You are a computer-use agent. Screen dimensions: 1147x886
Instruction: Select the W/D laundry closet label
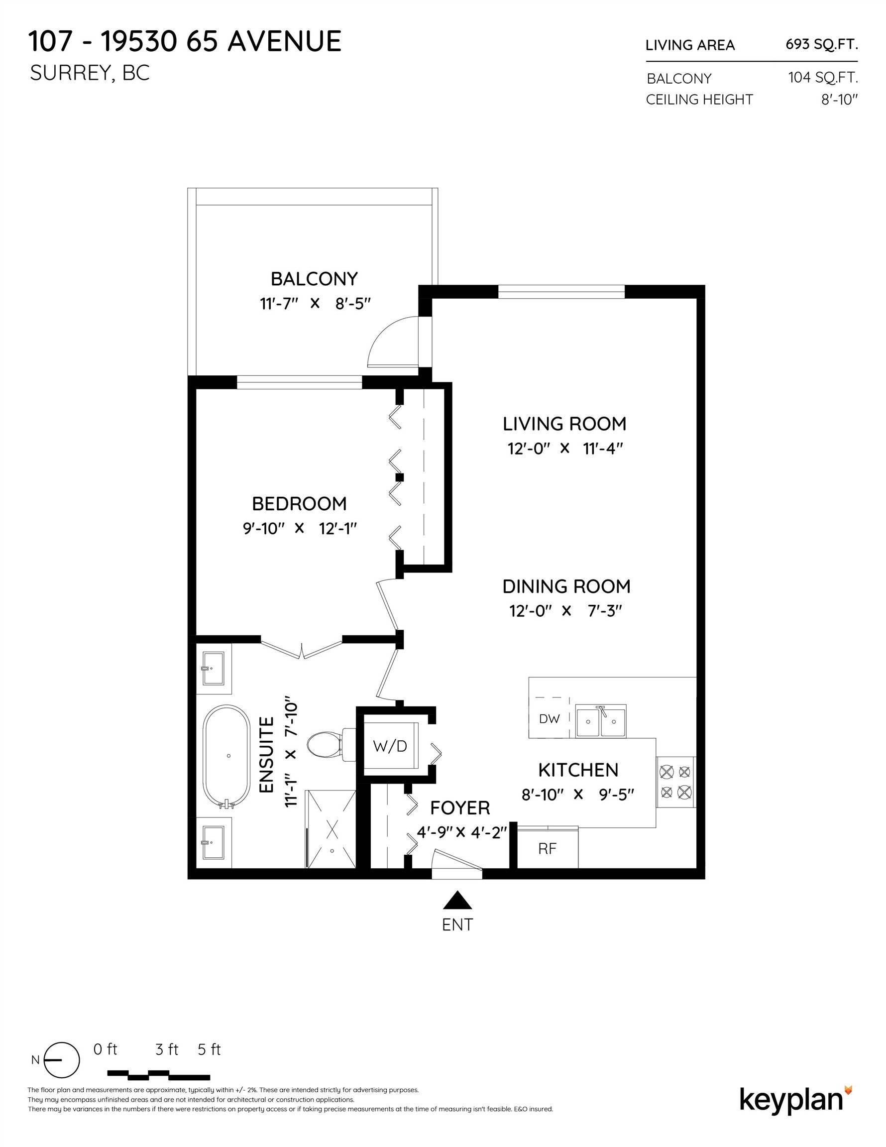coord(390,746)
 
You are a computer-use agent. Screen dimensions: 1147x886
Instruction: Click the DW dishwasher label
coord(550,719)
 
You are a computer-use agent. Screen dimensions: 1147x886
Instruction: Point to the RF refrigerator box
coord(547,849)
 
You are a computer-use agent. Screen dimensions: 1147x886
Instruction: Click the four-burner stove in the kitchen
coord(675,782)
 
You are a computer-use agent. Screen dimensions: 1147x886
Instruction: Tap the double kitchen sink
coord(601,721)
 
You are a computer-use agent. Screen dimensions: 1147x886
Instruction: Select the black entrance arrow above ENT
coord(457,900)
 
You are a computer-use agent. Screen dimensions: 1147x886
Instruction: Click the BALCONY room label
coord(314,278)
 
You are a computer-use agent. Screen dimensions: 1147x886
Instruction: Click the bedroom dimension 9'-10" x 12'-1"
coord(300,528)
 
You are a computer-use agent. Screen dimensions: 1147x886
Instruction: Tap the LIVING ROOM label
coord(564,424)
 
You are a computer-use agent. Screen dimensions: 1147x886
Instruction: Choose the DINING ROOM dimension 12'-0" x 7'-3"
coord(565,611)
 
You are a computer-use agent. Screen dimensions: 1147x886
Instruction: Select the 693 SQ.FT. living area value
coord(821,45)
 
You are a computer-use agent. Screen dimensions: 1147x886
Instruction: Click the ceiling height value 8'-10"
coord(839,99)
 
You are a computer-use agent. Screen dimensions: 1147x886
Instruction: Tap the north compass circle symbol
coord(61,1060)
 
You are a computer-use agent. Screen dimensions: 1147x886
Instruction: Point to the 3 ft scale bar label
coord(167,1049)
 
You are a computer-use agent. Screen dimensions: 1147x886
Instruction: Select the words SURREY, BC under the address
coord(90,73)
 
